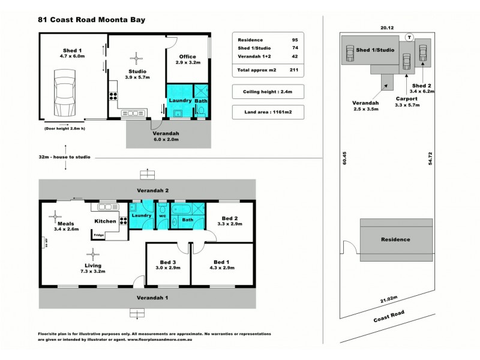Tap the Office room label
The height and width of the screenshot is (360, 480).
coord(188,61)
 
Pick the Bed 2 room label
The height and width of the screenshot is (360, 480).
coord(229,221)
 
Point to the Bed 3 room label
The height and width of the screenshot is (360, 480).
coord(169,265)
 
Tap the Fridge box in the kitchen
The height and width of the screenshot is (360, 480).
coord(100,235)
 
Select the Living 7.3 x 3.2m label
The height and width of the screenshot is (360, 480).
coord(92,268)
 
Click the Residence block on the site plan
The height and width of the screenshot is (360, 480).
coord(395,239)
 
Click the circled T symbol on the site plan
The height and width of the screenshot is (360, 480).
coord(409,37)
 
